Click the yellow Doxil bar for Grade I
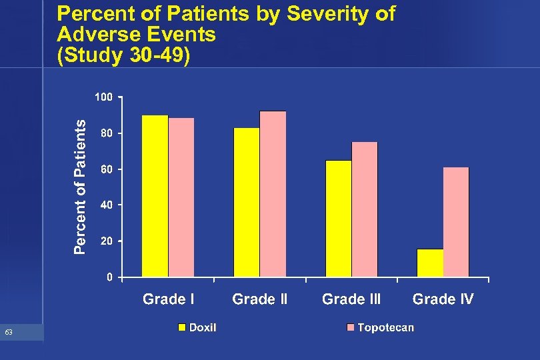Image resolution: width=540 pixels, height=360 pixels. coord(155,196)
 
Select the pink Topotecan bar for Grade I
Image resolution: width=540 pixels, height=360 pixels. coord(181,197)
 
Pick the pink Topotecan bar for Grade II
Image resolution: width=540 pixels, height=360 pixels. coord(273,194)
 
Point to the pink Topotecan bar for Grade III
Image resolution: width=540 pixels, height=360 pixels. coord(365,209)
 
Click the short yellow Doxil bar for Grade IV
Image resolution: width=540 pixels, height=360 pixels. coord(430,263)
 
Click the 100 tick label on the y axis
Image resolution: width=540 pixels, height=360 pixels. coord(103,97)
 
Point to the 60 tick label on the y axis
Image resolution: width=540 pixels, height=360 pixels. coord(106,169)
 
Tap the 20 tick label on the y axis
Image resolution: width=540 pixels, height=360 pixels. coord(106,241)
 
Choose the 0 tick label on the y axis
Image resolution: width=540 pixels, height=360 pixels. coord(109,277)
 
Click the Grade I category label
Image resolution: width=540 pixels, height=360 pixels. coord(169,299)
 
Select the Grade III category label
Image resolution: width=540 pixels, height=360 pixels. coord(351,299)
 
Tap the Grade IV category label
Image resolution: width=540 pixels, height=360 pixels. coord(443,299)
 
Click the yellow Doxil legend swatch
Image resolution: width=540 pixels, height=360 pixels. coord(181,327)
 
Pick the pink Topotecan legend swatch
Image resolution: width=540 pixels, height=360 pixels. coord(350,327)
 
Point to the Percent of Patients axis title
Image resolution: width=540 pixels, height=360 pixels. coord(79,187)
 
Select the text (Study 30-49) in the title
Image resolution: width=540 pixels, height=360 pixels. coord(124,56)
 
